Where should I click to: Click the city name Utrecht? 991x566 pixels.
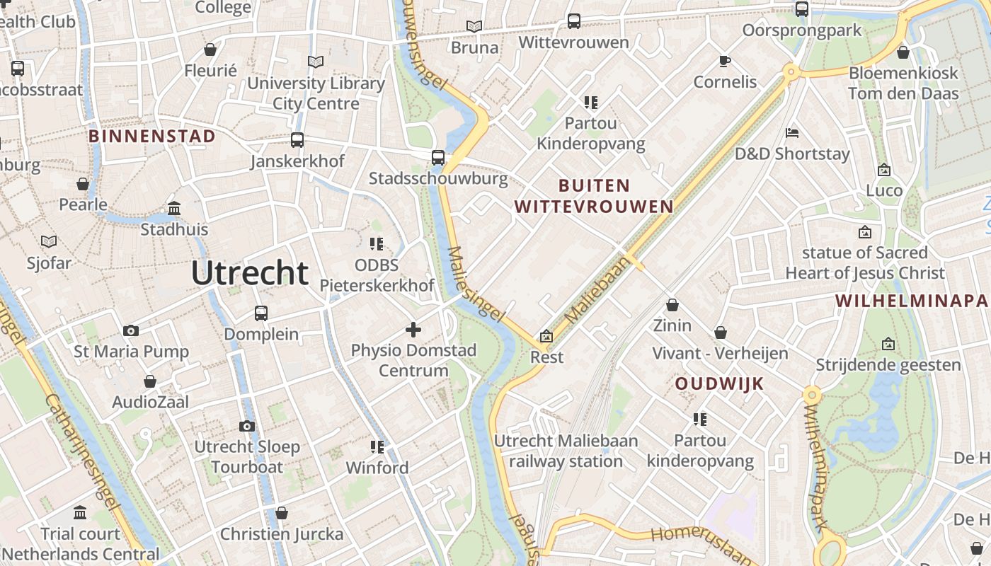[x=250, y=273]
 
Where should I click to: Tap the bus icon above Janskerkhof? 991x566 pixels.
[x=297, y=140]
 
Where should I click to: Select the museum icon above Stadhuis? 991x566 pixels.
[x=174, y=208]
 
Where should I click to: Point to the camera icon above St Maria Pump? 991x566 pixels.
[x=131, y=330]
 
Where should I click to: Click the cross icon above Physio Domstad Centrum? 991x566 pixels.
[x=413, y=329]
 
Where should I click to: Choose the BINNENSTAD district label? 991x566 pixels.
[x=152, y=137]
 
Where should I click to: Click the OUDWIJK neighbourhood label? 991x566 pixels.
[x=719, y=383]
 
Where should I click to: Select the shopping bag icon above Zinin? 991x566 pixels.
[x=672, y=305]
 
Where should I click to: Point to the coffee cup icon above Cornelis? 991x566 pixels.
[x=725, y=61]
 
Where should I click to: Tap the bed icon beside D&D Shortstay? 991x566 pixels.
[x=793, y=133]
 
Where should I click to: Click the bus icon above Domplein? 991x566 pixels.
[x=261, y=313]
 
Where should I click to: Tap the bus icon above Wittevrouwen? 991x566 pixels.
[x=574, y=21]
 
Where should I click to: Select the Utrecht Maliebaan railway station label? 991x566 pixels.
[x=566, y=451]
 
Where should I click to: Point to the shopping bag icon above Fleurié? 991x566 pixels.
[x=210, y=50]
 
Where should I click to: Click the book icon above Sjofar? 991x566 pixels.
[x=49, y=242]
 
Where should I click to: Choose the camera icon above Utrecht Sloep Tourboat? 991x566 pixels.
[x=247, y=426]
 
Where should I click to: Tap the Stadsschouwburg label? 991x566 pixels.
[x=438, y=178]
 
